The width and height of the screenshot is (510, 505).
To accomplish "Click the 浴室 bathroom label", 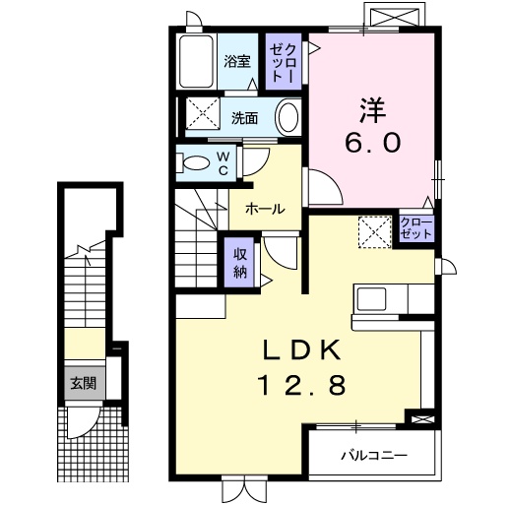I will tap(236, 61).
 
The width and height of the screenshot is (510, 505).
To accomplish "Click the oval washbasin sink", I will tap(287, 118).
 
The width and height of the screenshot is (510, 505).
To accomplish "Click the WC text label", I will tap(223, 162).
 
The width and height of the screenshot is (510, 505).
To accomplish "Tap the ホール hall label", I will tap(265, 209).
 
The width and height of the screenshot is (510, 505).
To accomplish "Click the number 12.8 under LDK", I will tap(303, 387).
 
